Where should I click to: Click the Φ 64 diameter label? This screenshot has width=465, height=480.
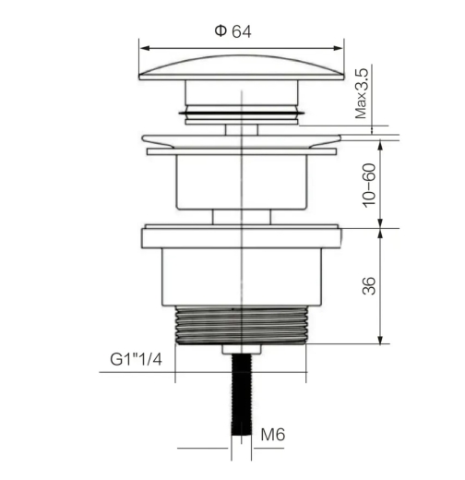[x=232, y=31]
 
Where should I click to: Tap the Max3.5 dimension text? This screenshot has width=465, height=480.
[x=362, y=93]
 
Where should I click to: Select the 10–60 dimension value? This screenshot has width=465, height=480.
[x=369, y=186]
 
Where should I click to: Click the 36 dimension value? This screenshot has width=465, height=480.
[x=369, y=286]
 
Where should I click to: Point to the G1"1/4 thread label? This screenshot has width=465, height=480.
[x=136, y=359]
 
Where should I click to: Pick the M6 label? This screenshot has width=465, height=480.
[x=273, y=435]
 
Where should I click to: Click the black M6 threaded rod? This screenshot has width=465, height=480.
[x=242, y=394]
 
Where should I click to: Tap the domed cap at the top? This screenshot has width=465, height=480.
[x=242, y=67]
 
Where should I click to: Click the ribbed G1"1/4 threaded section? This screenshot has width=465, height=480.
[x=242, y=325]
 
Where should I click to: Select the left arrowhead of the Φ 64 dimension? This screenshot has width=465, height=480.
[x=145, y=48]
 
